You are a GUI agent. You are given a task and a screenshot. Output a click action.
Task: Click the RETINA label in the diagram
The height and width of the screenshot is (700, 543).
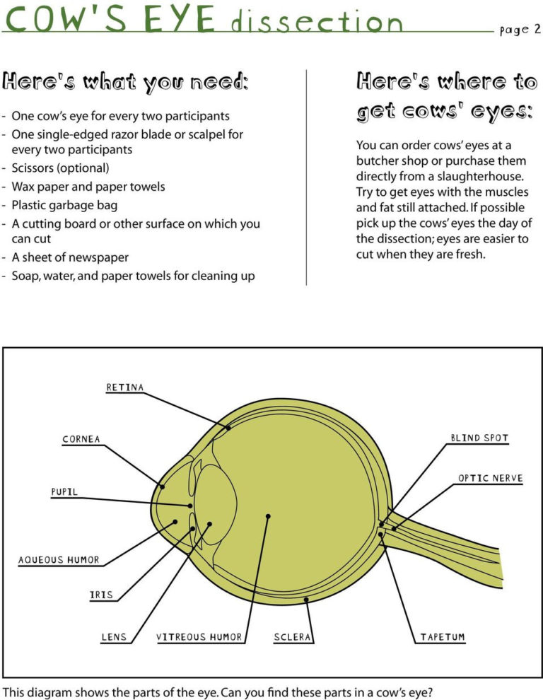[x=125, y=387]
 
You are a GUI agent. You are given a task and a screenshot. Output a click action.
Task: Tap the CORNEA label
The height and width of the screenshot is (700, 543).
[x=81, y=439]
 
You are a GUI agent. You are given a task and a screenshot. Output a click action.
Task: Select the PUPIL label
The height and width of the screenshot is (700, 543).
[x=64, y=491]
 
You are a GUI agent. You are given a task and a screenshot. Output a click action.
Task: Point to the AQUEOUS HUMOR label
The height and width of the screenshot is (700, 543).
[x=59, y=560]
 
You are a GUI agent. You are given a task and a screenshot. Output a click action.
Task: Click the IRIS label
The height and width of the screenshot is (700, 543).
[x=102, y=595]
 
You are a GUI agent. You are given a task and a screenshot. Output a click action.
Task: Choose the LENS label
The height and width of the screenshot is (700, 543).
[x=114, y=637]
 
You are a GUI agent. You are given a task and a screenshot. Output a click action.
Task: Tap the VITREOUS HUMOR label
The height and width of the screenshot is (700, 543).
[x=199, y=637]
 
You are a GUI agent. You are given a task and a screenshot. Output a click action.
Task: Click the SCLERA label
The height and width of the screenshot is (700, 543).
[x=293, y=637]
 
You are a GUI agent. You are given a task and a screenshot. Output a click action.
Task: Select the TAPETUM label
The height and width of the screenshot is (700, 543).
[x=443, y=637]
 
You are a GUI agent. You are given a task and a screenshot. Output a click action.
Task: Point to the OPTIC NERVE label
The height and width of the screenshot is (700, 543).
[x=490, y=478]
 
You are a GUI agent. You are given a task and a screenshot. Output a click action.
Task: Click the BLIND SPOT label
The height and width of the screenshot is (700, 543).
[x=479, y=438]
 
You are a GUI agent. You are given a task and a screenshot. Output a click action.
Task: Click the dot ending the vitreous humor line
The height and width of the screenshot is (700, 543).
[x=268, y=517]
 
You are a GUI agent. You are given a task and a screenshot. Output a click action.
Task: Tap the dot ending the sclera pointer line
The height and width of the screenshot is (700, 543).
[x=306, y=600]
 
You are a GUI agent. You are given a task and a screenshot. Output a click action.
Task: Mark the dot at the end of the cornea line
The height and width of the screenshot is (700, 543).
[x=163, y=486]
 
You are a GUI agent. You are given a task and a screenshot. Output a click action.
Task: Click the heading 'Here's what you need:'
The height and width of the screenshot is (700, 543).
[x=125, y=82]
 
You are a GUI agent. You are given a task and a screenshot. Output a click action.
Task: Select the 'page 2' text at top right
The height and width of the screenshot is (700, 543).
[x=519, y=30]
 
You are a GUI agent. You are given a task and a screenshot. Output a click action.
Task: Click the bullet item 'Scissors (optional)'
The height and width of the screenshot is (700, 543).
[x=61, y=168]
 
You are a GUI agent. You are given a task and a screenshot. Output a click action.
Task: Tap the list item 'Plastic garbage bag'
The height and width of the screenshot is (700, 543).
[x=64, y=205]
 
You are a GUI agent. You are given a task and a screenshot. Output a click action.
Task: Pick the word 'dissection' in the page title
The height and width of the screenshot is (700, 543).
[x=317, y=23]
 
